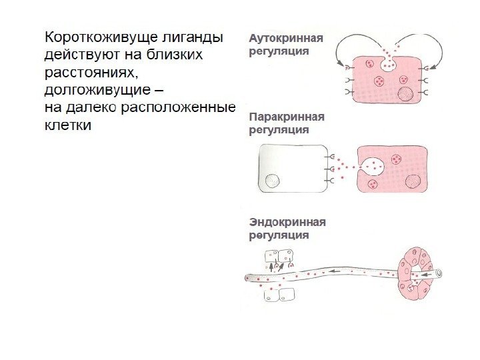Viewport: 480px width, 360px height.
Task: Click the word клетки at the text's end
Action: (x=67, y=124)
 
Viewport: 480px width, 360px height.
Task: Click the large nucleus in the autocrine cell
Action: (x=405, y=93)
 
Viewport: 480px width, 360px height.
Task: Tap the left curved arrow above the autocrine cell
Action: (x=349, y=47)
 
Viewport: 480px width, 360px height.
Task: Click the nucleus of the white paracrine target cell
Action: (x=272, y=181)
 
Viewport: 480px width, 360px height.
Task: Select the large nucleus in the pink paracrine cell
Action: (x=413, y=181)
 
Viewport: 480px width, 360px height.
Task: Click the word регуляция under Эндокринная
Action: (x=279, y=235)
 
